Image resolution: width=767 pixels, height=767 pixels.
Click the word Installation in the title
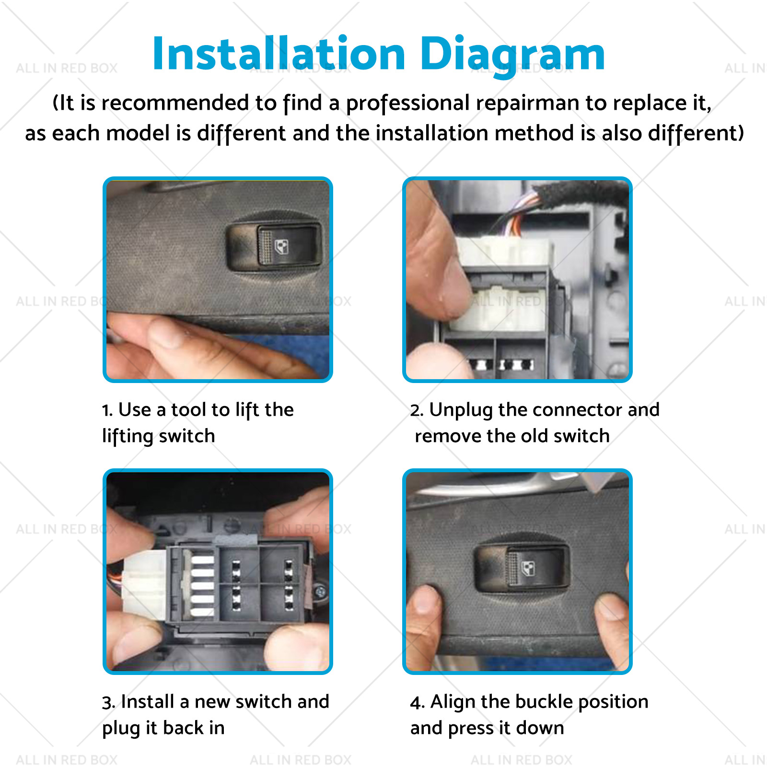click(279, 53)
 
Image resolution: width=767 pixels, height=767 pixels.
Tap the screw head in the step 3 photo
click(321, 593)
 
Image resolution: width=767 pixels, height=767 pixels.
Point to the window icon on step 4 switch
click(528, 568)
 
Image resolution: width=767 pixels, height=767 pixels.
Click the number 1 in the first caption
click(107, 410)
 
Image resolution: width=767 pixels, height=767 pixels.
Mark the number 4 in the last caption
click(416, 703)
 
